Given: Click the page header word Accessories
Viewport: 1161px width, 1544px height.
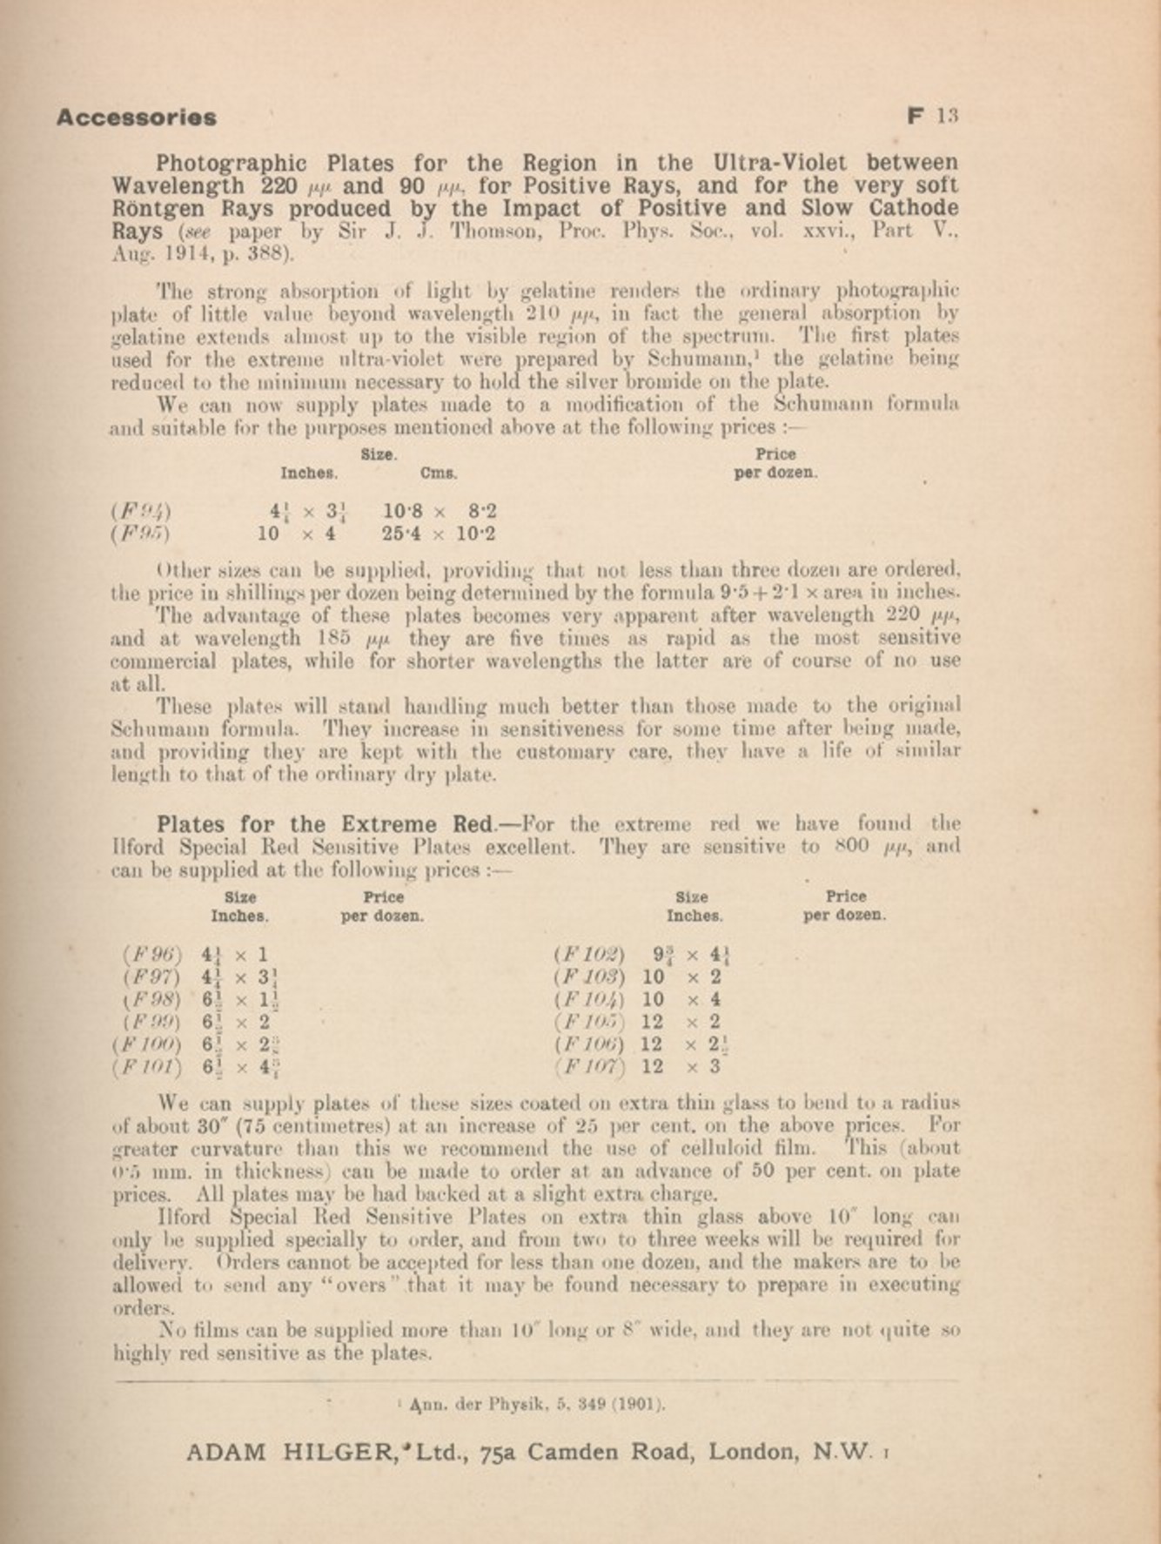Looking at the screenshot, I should click(137, 117).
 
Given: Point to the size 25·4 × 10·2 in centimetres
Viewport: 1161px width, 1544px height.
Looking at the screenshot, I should click(439, 534).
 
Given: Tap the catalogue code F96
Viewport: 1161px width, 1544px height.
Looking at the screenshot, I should click(152, 954).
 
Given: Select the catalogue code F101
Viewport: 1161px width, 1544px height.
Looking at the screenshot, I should click(147, 1067).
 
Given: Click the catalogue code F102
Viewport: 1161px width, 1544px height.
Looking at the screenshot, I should click(588, 954).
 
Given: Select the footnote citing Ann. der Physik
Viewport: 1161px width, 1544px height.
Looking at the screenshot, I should click(531, 1403).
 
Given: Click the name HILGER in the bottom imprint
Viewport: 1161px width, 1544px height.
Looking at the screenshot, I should click(340, 1452).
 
